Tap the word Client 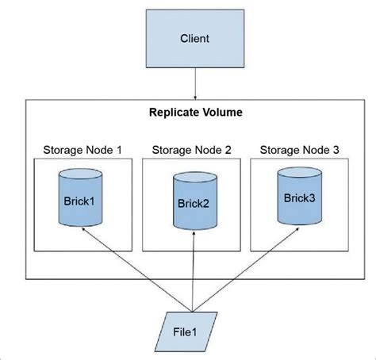tap(195, 38)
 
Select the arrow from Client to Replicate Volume tap(195, 83)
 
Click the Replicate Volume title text tap(195, 113)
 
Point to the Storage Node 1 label tap(83, 148)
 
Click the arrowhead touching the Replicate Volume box tap(195, 96)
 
